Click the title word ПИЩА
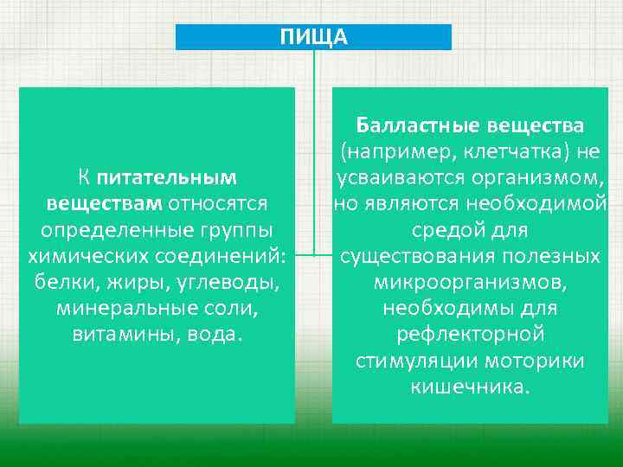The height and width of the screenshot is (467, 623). (x=313, y=36)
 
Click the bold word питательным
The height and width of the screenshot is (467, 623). (x=167, y=178)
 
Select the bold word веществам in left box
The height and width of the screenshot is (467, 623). (x=103, y=204)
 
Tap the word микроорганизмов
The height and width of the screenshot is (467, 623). (x=470, y=283)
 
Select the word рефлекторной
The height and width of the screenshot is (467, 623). (x=470, y=335)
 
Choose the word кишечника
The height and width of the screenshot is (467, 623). (x=470, y=387)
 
